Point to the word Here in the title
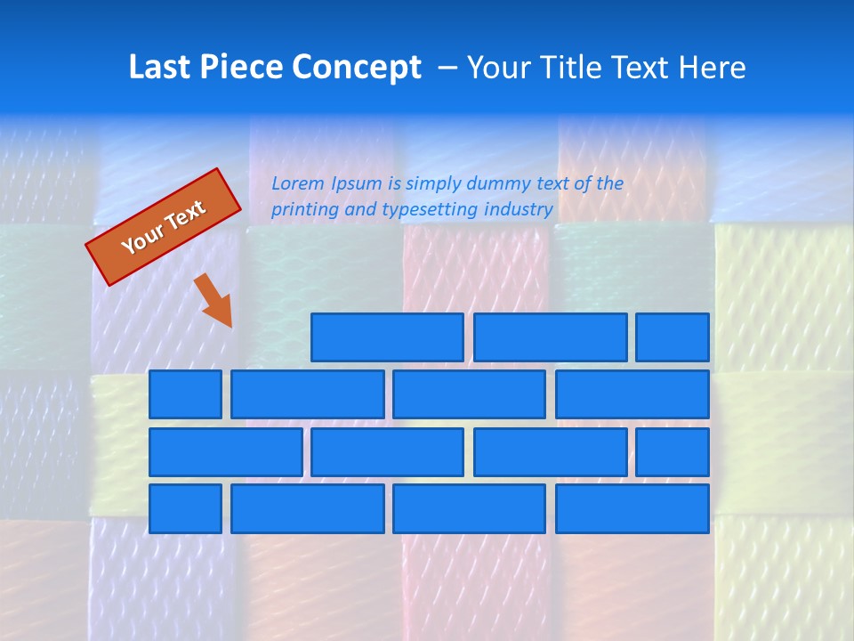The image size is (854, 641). [712, 68]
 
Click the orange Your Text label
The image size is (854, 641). [164, 227]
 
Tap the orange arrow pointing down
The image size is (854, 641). [213, 301]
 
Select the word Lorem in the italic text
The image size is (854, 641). [298, 184]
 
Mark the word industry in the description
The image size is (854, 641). [519, 210]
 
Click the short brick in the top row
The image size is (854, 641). [673, 337]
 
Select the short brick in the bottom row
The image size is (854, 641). [185, 509]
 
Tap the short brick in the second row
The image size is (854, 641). [185, 394]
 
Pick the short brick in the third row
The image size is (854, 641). [673, 452]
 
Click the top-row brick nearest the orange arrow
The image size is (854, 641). [387, 337]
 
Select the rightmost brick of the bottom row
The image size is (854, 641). [632, 509]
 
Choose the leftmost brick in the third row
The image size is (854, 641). [225, 452]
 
